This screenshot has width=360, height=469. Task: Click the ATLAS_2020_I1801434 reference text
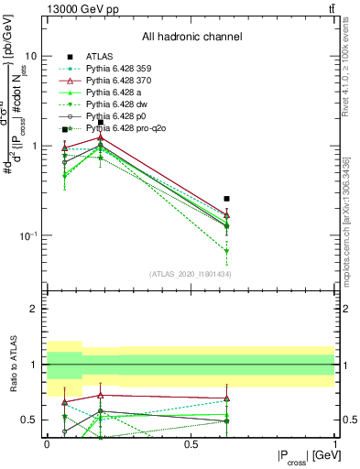[x=191, y=274]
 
